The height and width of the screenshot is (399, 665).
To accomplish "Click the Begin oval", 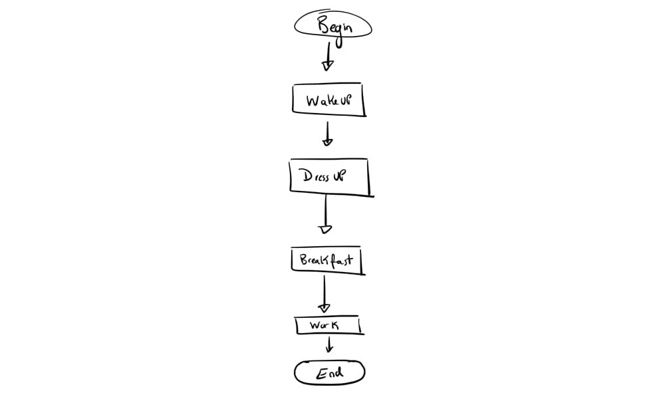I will [333, 27].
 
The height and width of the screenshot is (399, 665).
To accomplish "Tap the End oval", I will [330, 372].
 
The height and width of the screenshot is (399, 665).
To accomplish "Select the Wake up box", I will [329, 101].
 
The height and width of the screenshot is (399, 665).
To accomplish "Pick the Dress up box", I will [330, 177].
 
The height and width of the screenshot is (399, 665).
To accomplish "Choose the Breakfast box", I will [327, 260].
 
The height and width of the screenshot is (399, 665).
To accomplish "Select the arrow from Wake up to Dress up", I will [327, 133].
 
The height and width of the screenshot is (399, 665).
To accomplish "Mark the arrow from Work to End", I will [329, 344].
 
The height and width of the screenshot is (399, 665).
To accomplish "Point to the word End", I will [330, 372].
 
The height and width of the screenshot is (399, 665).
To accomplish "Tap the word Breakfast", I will [326, 260].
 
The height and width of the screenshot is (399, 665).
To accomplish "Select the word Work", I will [325, 326].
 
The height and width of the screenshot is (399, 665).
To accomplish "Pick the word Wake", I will [320, 101].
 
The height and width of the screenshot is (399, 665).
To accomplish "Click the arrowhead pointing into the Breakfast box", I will [325, 229].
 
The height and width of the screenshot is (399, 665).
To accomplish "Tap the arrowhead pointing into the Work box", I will [324, 308].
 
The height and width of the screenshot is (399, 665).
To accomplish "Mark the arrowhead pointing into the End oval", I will [329, 350].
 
